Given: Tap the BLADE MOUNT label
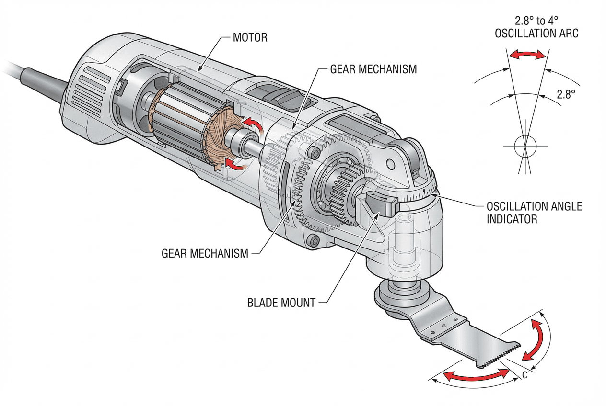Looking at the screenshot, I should coord(281,303).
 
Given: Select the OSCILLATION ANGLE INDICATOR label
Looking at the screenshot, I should coord(534,213).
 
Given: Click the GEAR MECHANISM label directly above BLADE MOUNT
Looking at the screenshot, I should coord(205,253).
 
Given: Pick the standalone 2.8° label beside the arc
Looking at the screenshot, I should coord(566,94).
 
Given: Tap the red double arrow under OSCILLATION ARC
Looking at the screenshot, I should coord(527,55).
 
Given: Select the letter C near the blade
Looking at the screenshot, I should coord(525,375).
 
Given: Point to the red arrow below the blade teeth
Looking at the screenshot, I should coord(475,375).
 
